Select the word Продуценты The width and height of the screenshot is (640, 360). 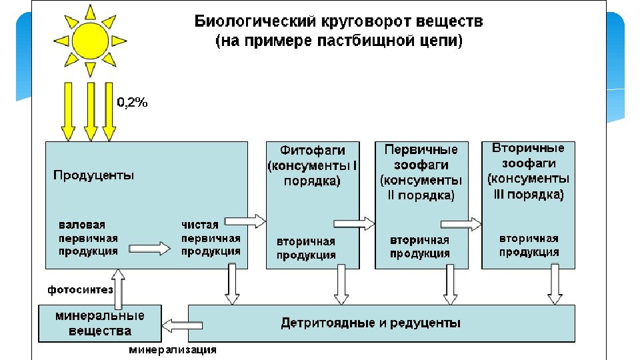click(x=93, y=175)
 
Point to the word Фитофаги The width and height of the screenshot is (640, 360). click(x=312, y=149)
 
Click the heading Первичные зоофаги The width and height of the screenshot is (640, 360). click(x=421, y=157)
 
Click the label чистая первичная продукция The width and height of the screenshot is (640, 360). click(x=211, y=238)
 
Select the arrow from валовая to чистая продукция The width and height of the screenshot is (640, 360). click(x=149, y=248)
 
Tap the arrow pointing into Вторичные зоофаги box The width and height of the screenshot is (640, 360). click(x=461, y=224)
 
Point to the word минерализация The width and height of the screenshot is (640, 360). click(x=172, y=349)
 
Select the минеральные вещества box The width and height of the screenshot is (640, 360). click(x=100, y=323)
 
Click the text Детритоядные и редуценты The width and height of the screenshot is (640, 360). click(x=371, y=323)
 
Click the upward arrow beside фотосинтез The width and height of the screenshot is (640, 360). click(x=118, y=285)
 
